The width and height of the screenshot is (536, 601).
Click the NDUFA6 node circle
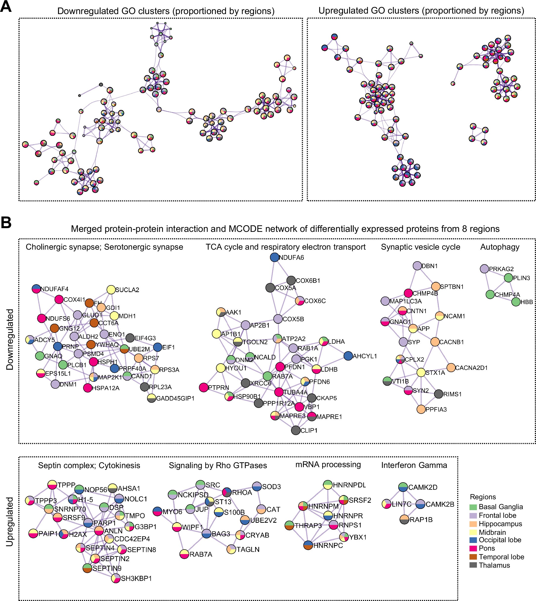tap(274, 257)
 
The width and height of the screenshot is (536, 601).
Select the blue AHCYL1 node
tap(348, 356)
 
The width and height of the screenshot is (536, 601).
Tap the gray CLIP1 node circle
tap(296, 430)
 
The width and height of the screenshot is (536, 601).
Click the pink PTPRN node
tap(203, 387)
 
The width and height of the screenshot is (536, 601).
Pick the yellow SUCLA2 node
tap(111, 289)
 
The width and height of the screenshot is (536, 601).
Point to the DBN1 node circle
tap(417, 266)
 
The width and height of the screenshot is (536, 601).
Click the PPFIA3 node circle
tap(421, 409)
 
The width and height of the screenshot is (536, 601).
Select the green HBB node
tap(516, 302)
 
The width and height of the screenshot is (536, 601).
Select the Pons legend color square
tap(473, 548)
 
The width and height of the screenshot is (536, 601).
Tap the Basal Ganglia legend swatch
tap(473, 507)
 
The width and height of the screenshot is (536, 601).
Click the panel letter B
tap(6, 223)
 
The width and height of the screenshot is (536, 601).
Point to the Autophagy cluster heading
tap(500, 247)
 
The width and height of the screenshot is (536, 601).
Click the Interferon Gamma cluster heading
tap(414, 465)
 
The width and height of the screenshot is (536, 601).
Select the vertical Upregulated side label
tap(10, 521)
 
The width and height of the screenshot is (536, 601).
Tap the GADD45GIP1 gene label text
tap(175, 398)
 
